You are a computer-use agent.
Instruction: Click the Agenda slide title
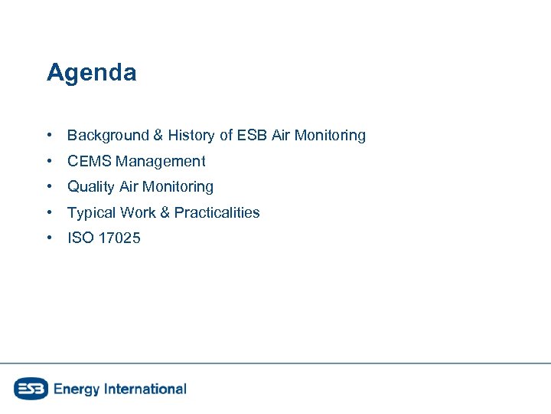point(91,73)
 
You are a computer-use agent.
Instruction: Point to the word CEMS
point(90,161)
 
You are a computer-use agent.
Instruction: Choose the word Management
point(161,161)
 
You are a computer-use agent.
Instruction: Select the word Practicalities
point(217,212)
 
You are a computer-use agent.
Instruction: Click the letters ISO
point(80,238)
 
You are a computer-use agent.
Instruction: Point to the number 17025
point(120,238)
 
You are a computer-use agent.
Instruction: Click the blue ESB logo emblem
point(31,389)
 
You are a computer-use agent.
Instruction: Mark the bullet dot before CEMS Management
point(49,161)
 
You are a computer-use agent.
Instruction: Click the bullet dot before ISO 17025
point(49,238)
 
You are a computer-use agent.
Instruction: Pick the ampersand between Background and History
point(158,136)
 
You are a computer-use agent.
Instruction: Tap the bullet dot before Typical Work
point(49,212)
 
